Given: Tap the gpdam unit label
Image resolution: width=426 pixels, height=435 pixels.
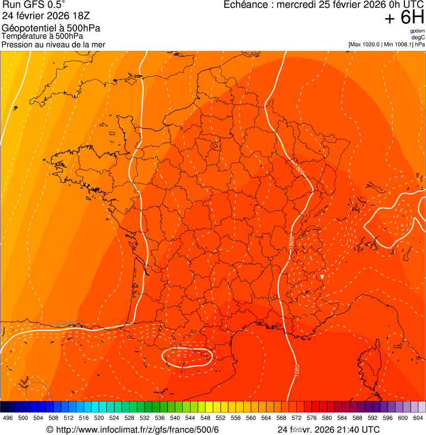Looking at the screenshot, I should pyautogui.click(x=418, y=31).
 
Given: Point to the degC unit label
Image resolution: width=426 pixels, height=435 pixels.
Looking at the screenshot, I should pyautogui.click(x=419, y=37).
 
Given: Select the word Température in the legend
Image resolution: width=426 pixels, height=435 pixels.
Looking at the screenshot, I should pyautogui.click(x=23, y=37).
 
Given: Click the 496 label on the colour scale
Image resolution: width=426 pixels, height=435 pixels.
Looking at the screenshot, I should pyautogui.click(x=8, y=418).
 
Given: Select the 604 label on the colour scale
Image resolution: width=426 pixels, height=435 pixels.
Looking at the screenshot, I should pyautogui.click(x=418, y=418).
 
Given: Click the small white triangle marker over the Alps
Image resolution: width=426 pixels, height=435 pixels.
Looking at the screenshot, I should pyautogui.click(x=322, y=276).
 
